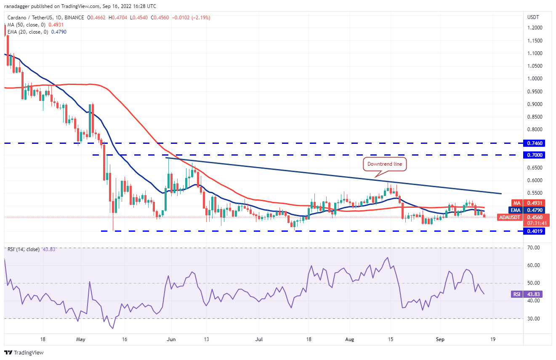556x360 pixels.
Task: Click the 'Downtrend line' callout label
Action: [385, 164]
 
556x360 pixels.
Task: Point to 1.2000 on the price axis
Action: [534, 28]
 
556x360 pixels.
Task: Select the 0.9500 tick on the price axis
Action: [534, 91]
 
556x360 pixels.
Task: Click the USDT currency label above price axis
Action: [533, 17]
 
